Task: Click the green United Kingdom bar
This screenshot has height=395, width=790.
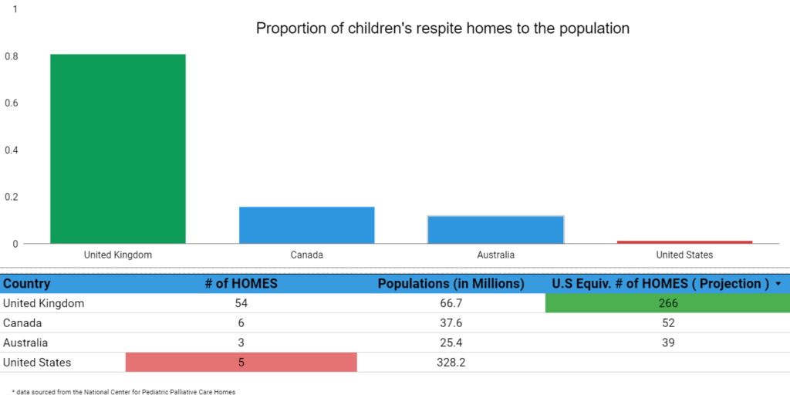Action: pyautogui.click(x=118, y=149)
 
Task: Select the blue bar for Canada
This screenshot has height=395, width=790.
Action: pyautogui.click(x=307, y=225)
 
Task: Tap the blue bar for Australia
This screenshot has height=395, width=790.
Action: pyautogui.click(x=496, y=230)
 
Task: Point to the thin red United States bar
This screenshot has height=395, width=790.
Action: pyautogui.click(x=685, y=242)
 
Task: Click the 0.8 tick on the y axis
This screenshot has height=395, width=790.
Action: pyautogui.click(x=12, y=56)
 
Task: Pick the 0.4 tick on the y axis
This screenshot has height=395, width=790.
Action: pyautogui.click(x=12, y=150)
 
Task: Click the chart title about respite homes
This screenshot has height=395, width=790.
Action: pyautogui.click(x=443, y=29)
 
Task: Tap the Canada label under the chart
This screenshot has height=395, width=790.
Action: pyautogui.click(x=307, y=255)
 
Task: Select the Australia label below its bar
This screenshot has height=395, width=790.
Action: pyautogui.click(x=496, y=255)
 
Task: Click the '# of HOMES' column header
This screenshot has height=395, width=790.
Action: pyautogui.click(x=241, y=284)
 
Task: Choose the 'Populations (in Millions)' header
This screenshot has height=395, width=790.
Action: pyautogui.click(x=451, y=284)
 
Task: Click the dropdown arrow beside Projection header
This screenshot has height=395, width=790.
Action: pyautogui.click(x=778, y=284)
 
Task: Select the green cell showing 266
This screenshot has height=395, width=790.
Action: pyautogui.click(x=667, y=303)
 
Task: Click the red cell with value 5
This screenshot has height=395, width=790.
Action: pyautogui.click(x=241, y=363)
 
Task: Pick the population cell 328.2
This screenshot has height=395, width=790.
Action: pyautogui.click(x=451, y=363)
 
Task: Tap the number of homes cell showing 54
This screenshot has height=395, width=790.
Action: pyautogui.click(x=241, y=303)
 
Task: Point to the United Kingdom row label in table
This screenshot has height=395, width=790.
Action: pyautogui.click(x=43, y=303)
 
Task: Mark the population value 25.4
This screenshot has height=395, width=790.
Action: pyautogui.click(x=451, y=343)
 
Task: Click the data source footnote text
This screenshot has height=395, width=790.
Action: pyautogui.click(x=123, y=391)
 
